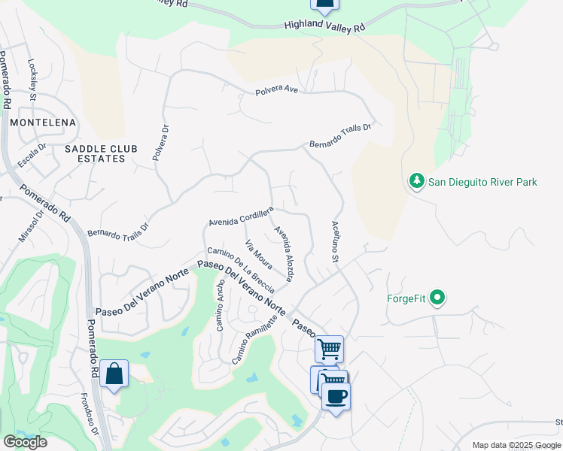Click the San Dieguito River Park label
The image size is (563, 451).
click(x=482, y=182)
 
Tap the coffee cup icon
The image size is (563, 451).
click(x=336, y=396)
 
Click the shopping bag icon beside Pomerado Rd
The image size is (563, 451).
click(x=114, y=374)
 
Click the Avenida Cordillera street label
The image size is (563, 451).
click(x=240, y=219)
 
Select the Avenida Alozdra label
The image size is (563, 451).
click(x=284, y=254)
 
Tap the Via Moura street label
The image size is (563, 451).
click(x=258, y=254)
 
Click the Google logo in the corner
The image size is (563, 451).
click(x=25, y=442)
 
